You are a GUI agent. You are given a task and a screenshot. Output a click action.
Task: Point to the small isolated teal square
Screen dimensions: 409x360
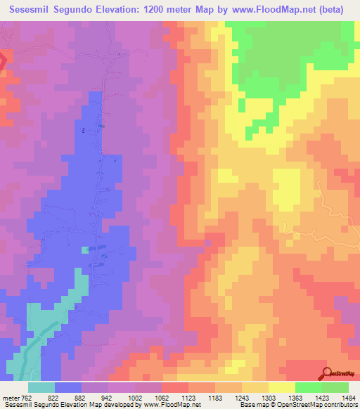point(85,249)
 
